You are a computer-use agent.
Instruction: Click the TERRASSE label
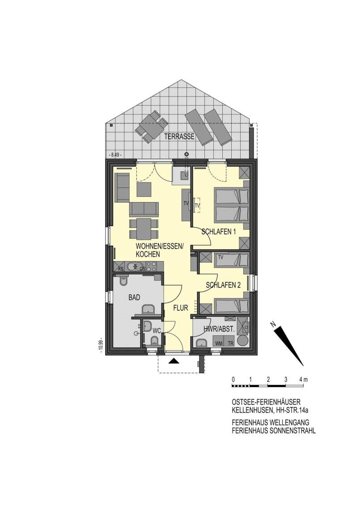pyautogui.click(x=179, y=137)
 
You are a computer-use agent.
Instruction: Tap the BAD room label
pyautogui.click(x=134, y=298)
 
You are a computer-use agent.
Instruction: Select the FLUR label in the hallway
pyautogui.click(x=181, y=308)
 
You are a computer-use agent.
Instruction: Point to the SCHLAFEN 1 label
pyautogui.click(x=219, y=232)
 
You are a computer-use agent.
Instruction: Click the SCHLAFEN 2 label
pyautogui.click(x=223, y=285)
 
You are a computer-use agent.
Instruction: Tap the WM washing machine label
pyautogui.click(x=218, y=343)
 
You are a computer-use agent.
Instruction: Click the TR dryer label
pyautogui.click(x=231, y=343)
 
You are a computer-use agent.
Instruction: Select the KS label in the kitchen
pyautogui.click(x=121, y=269)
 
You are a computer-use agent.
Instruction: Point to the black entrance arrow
pyautogui.click(x=174, y=361)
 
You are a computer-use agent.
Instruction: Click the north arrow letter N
pyautogui.click(x=273, y=324)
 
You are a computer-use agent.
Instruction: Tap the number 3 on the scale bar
pyautogui.click(x=286, y=380)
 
